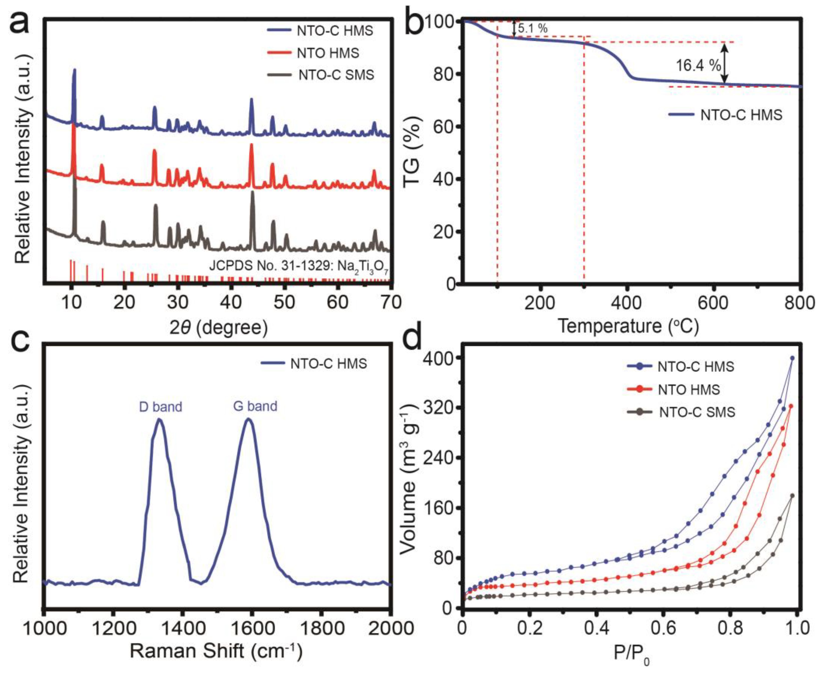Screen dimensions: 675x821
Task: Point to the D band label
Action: (160, 407)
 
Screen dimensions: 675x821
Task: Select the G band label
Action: (255, 406)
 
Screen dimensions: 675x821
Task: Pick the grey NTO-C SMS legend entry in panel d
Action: (697, 412)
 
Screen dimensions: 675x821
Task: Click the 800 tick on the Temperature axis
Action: (800, 303)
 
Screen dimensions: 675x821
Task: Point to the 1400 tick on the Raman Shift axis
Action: (182, 628)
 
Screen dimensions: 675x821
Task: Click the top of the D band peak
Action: (159, 419)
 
